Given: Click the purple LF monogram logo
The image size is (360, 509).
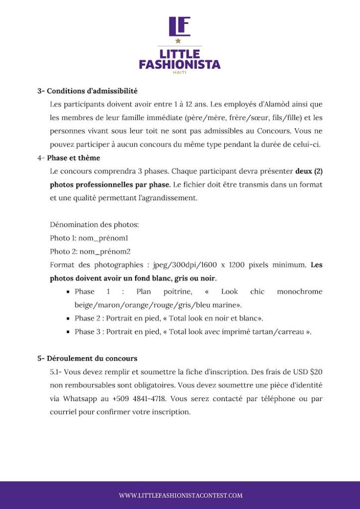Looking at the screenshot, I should [180, 26].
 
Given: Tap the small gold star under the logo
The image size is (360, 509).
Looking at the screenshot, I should [178, 41].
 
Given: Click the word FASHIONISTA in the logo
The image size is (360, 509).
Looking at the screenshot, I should [180, 64].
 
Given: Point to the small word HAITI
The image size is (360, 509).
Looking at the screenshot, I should [180, 73].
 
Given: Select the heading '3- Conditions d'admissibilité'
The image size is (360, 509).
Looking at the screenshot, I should [87, 91].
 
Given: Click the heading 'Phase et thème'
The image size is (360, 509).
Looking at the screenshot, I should [74, 158].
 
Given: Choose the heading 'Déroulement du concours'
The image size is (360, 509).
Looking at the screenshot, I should [92, 358].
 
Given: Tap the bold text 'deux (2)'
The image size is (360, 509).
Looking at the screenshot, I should [309, 171].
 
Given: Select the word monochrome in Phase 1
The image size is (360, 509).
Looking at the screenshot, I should [299, 292].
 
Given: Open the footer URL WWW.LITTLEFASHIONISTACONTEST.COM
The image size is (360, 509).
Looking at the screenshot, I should [180, 496].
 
